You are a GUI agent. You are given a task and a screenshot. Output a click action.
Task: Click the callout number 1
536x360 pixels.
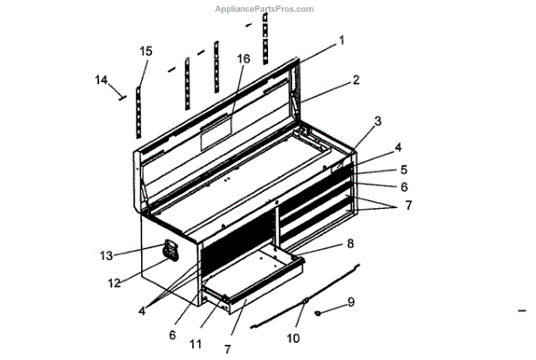click(x=341, y=40)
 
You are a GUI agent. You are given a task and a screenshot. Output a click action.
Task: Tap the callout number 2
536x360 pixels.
click(x=356, y=80)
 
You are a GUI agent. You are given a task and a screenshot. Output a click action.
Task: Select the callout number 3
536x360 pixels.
click(x=378, y=121)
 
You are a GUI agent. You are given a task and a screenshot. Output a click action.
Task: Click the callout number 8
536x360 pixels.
click(x=350, y=243)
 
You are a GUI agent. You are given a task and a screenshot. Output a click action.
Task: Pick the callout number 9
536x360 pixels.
click(x=351, y=302)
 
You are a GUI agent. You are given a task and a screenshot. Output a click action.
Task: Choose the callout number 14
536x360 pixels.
click(x=102, y=80)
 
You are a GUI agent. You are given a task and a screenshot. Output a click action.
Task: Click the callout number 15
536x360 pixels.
click(x=146, y=51)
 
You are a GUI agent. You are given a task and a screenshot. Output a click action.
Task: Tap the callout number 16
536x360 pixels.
click(x=243, y=59)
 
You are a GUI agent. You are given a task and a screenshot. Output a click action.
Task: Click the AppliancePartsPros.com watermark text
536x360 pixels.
click(x=264, y=9)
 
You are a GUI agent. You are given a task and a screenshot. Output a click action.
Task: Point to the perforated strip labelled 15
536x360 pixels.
click(x=141, y=112)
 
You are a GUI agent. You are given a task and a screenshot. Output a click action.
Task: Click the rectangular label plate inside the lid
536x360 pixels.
click(x=215, y=136)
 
